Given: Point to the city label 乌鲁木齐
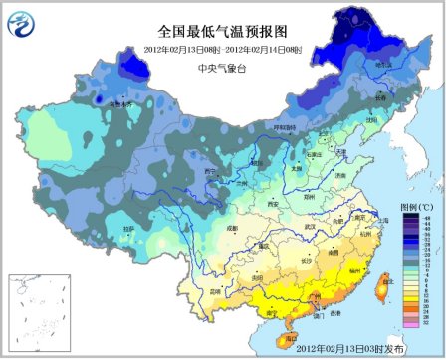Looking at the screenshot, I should [x=120, y=103].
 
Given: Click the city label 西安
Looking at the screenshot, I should [x=269, y=203].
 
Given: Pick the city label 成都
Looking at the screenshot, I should [x=232, y=229].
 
